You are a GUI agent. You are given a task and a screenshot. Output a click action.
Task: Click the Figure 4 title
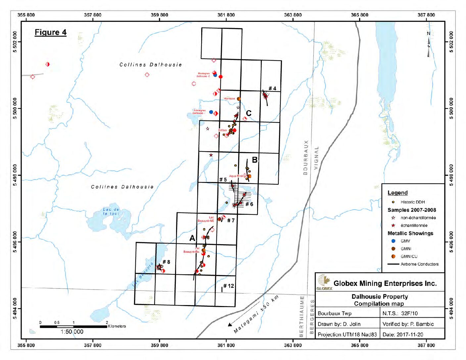coord(51,32)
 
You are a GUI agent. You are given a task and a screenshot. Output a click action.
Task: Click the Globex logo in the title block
coord(324,282)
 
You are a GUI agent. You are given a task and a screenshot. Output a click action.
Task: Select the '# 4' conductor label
coord(272,88)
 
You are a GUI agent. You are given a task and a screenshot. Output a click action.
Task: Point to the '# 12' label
coord(228,286)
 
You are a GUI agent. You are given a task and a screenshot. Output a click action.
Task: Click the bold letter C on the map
coord(249,113)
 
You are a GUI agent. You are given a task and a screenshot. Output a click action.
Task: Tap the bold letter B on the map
coord(255,160)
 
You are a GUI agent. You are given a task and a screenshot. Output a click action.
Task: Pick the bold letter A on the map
coord(192,238)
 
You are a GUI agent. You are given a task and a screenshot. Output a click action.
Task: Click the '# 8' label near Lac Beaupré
coord(166,262)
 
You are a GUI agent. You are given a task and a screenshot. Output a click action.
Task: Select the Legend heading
coord(397,193)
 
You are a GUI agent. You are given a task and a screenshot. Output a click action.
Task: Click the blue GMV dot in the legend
coord(393,241)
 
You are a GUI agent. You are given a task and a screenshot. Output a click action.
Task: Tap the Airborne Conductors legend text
coord(419,264)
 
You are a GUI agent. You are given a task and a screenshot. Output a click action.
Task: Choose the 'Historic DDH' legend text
coord(412,202)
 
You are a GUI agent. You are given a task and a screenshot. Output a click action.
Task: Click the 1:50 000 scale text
coord(72,332)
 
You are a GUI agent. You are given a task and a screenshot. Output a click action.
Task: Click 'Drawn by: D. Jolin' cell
coord(339,324)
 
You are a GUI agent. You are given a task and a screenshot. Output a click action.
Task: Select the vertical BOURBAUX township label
coord(305,157)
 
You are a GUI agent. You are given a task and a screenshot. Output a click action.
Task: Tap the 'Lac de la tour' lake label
coord(111,211)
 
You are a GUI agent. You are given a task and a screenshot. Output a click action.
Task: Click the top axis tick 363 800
coord(293,15)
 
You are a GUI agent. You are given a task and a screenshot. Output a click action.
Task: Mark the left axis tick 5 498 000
coord(15,175)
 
